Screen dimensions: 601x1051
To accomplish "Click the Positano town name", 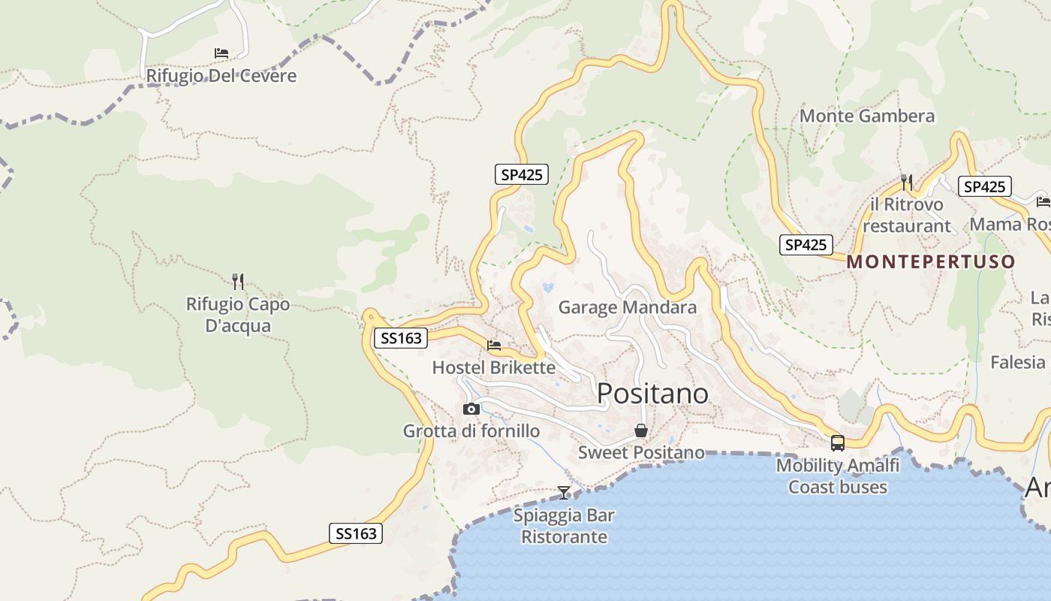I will (x=652, y=393).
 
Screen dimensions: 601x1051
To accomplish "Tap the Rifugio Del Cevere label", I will (x=221, y=76).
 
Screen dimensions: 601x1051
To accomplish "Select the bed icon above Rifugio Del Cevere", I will (x=221, y=53).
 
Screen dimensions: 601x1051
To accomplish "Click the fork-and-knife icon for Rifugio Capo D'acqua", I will (x=238, y=282).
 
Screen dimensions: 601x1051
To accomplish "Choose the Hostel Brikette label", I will (x=494, y=367).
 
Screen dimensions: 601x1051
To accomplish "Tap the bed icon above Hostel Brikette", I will (x=494, y=346).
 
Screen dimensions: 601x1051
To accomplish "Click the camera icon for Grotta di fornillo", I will (x=471, y=409).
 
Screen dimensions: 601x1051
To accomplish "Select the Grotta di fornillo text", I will (x=471, y=431).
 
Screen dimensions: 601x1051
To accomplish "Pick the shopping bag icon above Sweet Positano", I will (x=641, y=430).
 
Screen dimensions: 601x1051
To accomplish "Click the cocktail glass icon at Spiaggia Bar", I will (x=564, y=493).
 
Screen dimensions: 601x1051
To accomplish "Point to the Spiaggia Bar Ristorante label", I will (x=564, y=526).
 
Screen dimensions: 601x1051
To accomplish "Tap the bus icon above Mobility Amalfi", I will (x=838, y=443).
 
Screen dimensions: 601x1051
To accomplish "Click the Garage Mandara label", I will (x=628, y=307).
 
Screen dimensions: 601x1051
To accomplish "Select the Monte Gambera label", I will (x=867, y=116).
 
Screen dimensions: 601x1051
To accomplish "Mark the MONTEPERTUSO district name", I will (x=931, y=262).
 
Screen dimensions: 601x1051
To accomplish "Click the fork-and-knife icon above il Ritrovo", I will (x=907, y=182).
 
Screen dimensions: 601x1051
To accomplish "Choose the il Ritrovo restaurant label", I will (x=907, y=215).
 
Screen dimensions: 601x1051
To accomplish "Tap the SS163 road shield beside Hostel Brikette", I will (x=402, y=338).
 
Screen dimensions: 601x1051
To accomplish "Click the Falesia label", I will (x=1017, y=362).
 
